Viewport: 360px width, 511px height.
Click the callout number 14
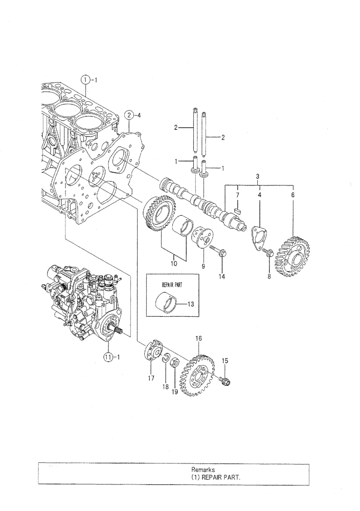222,276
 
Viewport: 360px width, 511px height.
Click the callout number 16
198,338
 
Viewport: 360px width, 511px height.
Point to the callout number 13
190,305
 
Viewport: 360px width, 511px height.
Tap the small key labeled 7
238,210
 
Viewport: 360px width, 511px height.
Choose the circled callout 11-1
108,358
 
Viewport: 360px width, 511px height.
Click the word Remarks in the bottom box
202,469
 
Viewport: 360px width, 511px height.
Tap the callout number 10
174,264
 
